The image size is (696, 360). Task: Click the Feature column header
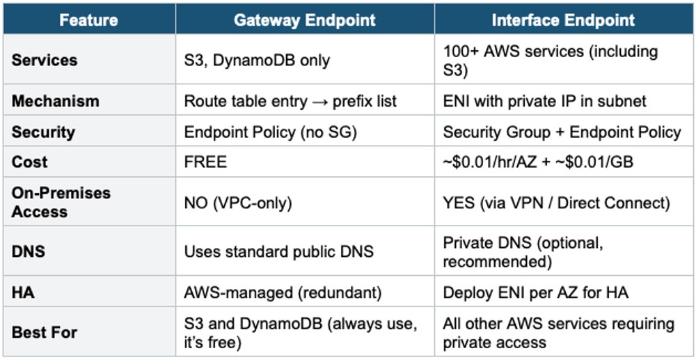pyautogui.click(x=89, y=20)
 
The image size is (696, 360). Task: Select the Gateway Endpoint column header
pyautogui.click(x=305, y=20)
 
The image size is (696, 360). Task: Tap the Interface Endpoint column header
pyautogui.click(x=563, y=20)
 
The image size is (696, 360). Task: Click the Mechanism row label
pyautogui.click(x=56, y=102)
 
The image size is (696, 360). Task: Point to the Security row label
pyautogui.click(x=43, y=132)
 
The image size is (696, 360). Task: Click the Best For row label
pyautogui.click(x=45, y=332)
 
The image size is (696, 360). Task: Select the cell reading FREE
pyautogui.click(x=205, y=162)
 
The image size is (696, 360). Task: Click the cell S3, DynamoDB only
pyautogui.click(x=257, y=60)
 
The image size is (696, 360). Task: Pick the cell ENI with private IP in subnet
pyautogui.click(x=545, y=102)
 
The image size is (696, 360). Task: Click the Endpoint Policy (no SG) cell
pyautogui.click(x=270, y=132)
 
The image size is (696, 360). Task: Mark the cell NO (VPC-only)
pyautogui.click(x=238, y=203)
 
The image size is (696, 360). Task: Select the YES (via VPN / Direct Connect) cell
pyautogui.click(x=556, y=203)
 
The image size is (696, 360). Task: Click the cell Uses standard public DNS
pyautogui.click(x=279, y=251)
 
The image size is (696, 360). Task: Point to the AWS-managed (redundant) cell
pyautogui.click(x=283, y=293)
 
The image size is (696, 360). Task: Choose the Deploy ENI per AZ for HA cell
pyautogui.click(x=536, y=293)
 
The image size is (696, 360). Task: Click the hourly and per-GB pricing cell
pyautogui.click(x=538, y=162)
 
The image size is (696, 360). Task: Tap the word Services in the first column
pyautogui.click(x=45, y=60)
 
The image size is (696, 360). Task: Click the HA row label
pyautogui.click(x=23, y=293)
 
